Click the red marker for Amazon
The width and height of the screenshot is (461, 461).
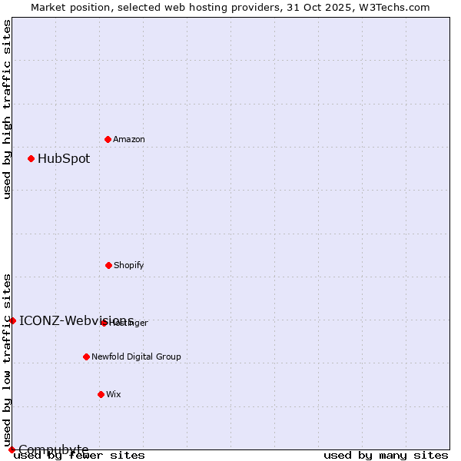click(x=108, y=139)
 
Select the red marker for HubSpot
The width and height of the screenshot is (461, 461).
click(x=31, y=158)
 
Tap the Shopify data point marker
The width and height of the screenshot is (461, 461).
click(x=108, y=265)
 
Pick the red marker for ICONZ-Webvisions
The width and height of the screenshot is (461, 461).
click(x=12, y=320)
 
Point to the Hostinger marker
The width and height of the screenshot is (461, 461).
click(x=104, y=323)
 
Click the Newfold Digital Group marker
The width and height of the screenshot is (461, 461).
click(x=86, y=357)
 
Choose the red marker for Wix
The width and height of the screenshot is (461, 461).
click(x=101, y=394)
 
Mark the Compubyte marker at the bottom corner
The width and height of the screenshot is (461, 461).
click(x=12, y=449)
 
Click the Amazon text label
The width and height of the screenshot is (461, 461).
click(x=129, y=139)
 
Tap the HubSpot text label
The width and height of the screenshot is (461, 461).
click(x=64, y=159)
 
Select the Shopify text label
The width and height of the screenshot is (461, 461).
click(x=129, y=265)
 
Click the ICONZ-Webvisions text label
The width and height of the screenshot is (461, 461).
click(x=76, y=320)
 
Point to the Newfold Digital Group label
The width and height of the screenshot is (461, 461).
click(x=136, y=357)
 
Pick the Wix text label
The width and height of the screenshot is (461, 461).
click(x=114, y=394)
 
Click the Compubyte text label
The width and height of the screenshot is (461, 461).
click(x=54, y=449)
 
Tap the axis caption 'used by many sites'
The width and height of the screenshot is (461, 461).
click(x=386, y=456)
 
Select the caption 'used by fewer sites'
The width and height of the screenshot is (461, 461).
click(x=79, y=456)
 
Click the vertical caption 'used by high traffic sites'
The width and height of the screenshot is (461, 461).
click(x=7, y=109)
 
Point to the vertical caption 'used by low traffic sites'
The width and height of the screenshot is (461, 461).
click(x=7, y=360)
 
